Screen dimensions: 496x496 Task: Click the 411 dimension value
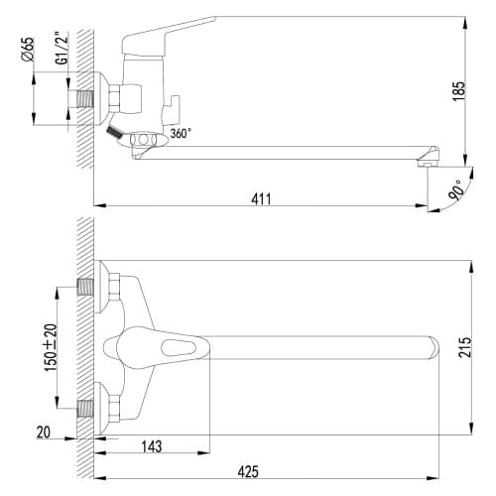tap(261, 199)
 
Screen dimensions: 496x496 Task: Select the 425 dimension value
tap(248, 472)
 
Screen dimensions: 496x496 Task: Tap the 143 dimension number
tap(152, 446)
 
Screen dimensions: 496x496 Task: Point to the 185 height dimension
tap(458, 91)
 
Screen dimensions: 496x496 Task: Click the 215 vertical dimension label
tap(465, 347)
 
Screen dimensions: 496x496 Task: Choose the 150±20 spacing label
tap(51, 347)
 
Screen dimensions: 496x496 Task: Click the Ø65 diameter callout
tap(28, 50)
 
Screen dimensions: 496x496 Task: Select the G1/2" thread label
tap(62, 48)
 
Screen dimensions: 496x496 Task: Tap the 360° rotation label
tap(181, 134)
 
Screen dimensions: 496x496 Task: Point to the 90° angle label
tap(456, 189)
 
